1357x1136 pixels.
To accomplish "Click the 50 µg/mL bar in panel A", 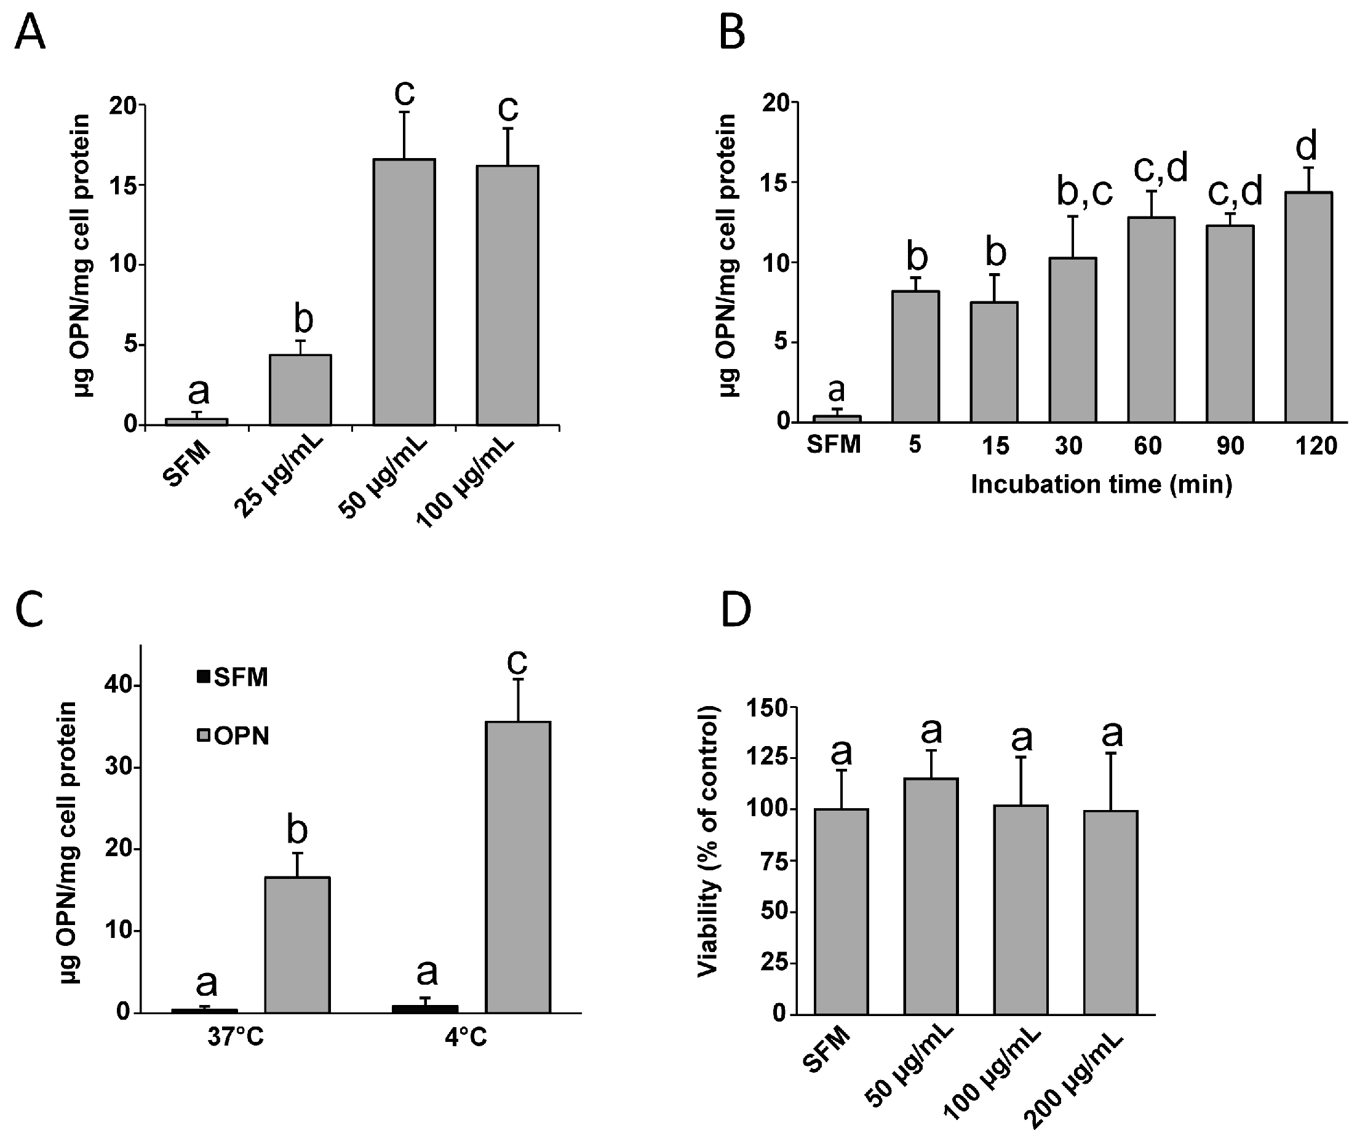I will (404, 292).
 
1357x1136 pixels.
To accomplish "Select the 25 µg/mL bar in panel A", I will (300, 390).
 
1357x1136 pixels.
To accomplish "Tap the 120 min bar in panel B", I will (1308, 307).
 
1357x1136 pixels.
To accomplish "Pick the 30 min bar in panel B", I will (1073, 340).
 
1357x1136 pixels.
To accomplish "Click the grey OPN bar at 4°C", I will (518, 867).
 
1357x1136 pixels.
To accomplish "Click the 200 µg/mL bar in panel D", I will (1111, 912).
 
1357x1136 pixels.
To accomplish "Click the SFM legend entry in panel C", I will (233, 677).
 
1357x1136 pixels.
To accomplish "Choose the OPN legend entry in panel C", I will (233, 736).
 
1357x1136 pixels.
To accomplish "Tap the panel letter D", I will (735, 611).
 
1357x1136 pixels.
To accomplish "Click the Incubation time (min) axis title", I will (1101, 485).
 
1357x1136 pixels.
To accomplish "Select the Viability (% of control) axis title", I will (709, 841).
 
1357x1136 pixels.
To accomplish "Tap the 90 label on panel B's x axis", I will (1230, 446).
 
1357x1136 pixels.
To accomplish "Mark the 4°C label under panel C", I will (465, 1037).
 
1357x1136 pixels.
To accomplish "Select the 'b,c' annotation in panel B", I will (1084, 191).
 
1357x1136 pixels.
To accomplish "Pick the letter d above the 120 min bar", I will (1307, 146).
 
